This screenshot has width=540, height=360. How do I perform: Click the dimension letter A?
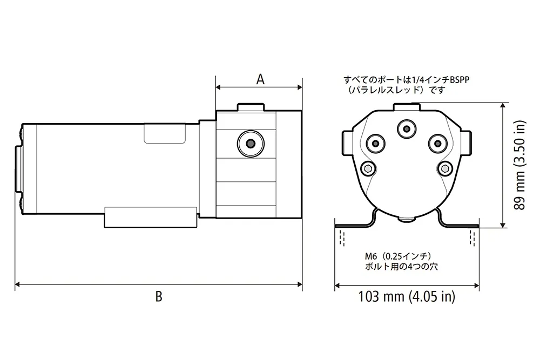click(x=260, y=79)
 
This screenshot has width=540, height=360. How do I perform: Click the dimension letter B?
click(x=158, y=296)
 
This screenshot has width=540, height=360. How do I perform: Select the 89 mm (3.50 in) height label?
click(x=519, y=166)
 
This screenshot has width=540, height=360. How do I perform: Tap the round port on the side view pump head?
click(x=249, y=143)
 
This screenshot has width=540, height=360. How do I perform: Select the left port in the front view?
click(x=375, y=143)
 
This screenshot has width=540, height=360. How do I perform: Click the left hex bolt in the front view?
click(x=367, y=169)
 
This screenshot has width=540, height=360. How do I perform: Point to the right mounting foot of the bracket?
click(x=462, y=224)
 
